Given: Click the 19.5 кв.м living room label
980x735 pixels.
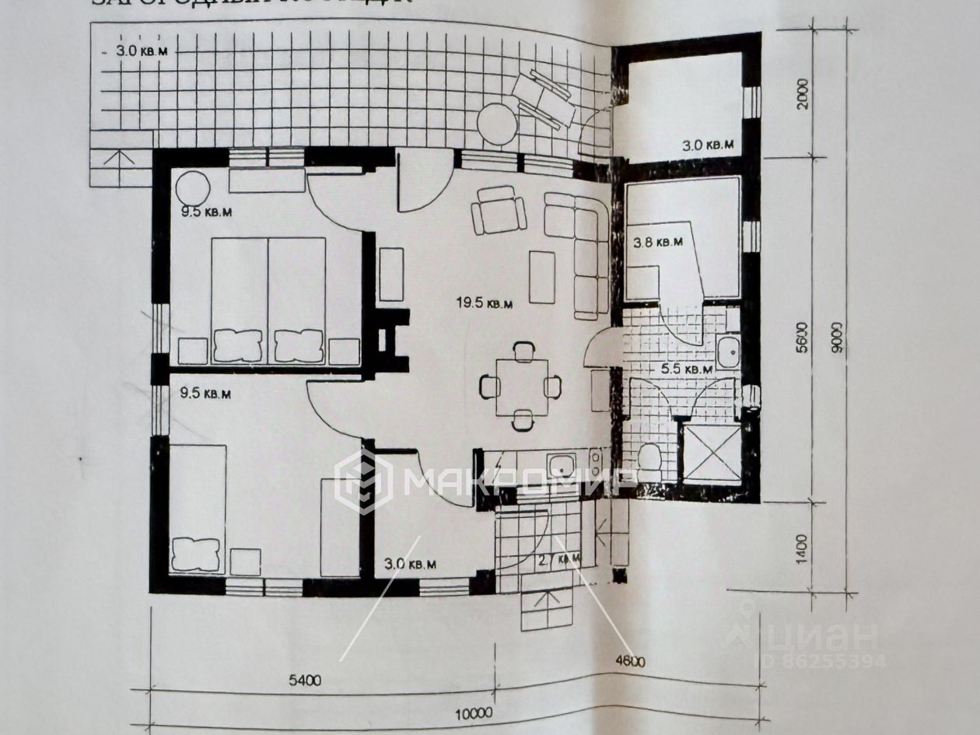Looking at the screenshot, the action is pos(485,304).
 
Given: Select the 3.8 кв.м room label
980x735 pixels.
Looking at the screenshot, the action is pos(658,242).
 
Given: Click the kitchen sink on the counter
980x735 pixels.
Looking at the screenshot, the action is pos(562,466).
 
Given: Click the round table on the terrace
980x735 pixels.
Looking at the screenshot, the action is pos(497,124).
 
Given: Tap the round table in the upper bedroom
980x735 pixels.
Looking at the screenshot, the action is pos(192,189).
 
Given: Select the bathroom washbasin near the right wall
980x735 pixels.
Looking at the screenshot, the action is pos(728,352).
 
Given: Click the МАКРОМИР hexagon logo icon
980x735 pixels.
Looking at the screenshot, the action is pos(363,482).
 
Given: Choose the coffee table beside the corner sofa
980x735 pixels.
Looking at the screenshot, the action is pos(542,277).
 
